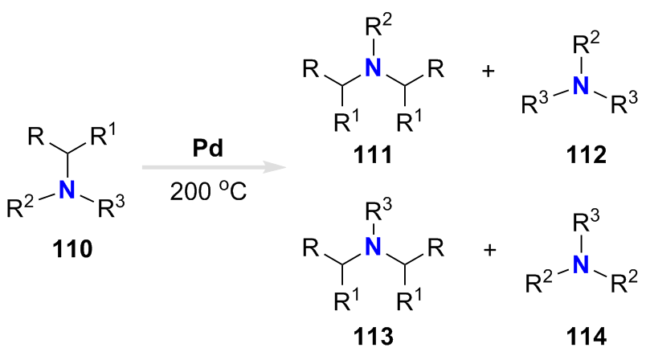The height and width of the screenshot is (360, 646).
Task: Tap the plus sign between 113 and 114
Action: [x=488, y=249]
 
